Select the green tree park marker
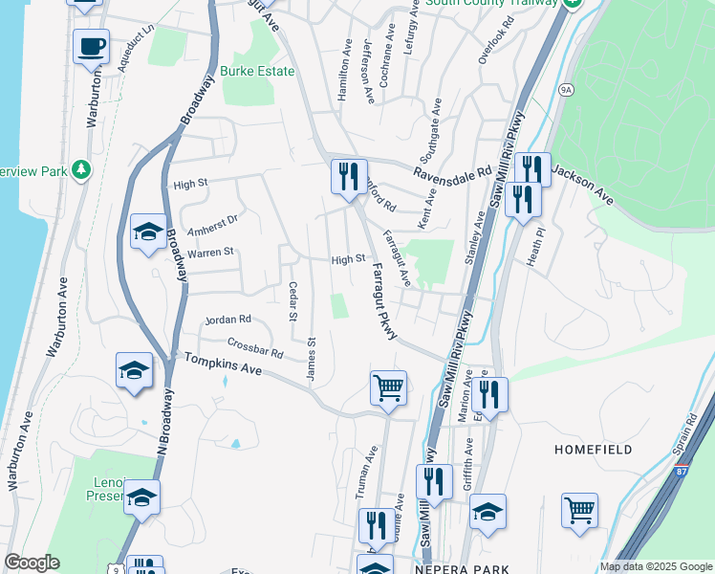82,169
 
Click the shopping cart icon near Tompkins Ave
388,387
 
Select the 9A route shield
567,90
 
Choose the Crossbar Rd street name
255,348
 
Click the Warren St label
210,253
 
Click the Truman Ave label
361,475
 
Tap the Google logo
32,563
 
